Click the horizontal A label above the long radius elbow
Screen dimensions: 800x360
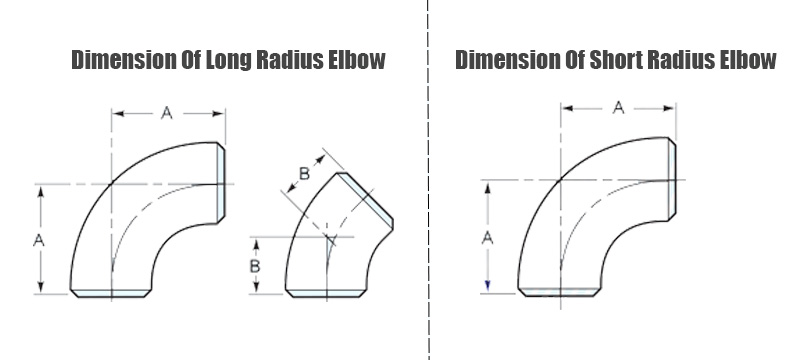coord(167,113)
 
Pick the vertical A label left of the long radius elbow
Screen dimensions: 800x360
coord(39,240)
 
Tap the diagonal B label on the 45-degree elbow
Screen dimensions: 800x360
coord(304,174)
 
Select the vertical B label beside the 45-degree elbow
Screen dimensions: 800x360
coord(255,266)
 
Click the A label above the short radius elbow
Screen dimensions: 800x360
coord(618,108)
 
